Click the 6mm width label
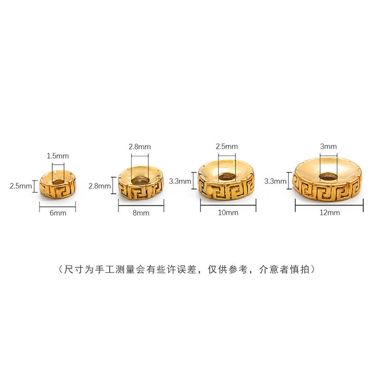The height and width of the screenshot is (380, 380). point(58,213)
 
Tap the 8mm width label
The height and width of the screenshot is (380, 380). point(141,213)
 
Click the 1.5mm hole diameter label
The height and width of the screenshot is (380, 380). point(58,155)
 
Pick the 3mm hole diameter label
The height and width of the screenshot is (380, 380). point(328,146)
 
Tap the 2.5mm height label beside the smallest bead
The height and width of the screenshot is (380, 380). point(20,186)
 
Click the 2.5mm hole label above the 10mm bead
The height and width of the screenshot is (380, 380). point(227,146)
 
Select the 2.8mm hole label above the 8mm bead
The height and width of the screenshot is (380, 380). point(140,147)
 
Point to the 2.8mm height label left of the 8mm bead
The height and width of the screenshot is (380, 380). point(99,186)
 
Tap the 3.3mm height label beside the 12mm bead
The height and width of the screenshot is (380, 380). point(275,180)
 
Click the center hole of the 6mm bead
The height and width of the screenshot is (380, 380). point(57,180)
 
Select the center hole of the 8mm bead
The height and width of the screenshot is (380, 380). point(140,180)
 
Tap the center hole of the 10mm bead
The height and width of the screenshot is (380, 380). point(227,177)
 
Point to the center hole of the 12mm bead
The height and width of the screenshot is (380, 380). point(328,176)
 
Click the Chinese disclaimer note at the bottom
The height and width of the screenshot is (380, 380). point(190,269)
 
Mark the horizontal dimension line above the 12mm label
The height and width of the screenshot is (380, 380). point(329,205)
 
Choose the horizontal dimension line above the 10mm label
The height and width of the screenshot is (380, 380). point(228,205)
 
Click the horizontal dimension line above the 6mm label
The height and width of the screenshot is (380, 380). point(58,206)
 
